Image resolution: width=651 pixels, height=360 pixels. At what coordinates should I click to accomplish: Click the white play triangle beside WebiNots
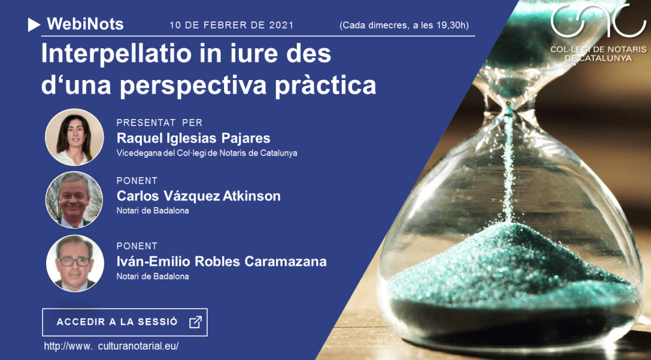35,25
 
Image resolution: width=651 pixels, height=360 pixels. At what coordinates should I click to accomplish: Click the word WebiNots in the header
85,25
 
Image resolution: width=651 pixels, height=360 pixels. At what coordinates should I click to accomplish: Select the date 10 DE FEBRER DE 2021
231,25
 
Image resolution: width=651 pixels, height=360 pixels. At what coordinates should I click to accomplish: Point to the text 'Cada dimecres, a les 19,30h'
404,25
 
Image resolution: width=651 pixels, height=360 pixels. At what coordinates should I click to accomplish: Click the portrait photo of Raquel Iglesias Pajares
74,137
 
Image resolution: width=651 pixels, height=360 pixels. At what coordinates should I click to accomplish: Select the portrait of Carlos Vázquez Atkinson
74,199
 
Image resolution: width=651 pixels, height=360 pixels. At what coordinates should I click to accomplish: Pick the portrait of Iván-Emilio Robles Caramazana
74,263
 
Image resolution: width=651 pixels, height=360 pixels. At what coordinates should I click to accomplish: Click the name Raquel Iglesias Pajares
193,138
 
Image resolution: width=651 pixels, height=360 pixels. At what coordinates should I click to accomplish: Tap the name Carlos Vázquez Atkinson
199,196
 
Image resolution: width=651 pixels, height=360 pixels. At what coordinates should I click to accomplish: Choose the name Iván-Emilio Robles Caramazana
221,262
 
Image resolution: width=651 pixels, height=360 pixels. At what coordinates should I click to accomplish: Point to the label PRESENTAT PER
159,122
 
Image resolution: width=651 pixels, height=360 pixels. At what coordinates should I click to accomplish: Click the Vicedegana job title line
206,154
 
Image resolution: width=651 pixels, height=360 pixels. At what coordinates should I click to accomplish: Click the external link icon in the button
195,322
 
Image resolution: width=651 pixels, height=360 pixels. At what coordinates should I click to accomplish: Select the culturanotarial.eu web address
111,346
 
